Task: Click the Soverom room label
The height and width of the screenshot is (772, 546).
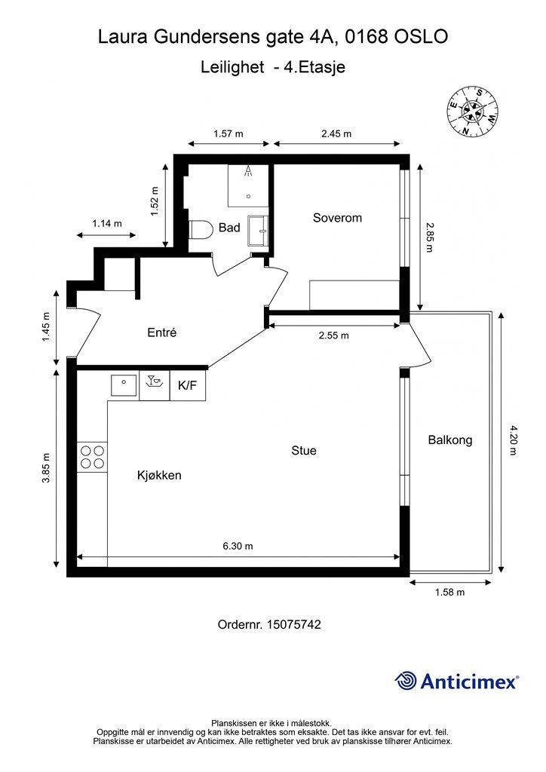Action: click(337, 218)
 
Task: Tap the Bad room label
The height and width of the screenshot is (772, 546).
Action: click(229, 228)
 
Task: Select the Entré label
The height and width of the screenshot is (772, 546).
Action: click(162, 332)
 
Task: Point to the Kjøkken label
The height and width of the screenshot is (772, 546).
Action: click(159, 475)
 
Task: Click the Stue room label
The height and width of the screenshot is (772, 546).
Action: click(304, 451)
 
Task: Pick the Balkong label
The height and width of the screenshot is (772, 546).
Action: click(450, 440)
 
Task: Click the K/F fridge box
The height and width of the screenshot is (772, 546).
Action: click(188, 385)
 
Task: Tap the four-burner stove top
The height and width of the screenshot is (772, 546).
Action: click(92, 456)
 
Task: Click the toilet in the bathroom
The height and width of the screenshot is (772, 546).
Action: click(199, 230)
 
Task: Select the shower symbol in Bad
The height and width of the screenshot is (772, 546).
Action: click(248, 185)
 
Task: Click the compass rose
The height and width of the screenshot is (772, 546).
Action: click(472, 112)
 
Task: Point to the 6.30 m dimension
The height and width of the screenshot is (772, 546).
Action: click(238, 546)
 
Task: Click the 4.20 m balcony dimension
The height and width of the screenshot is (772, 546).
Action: click(513, 440)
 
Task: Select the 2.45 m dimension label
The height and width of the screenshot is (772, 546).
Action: click(336, 133)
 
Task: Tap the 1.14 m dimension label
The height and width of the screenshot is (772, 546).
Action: click(107, 223)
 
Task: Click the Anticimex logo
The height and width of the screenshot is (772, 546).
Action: click(456, 682)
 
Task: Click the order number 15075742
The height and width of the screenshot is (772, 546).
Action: click(294, 625)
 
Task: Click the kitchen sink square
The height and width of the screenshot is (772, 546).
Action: click(124, 384)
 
